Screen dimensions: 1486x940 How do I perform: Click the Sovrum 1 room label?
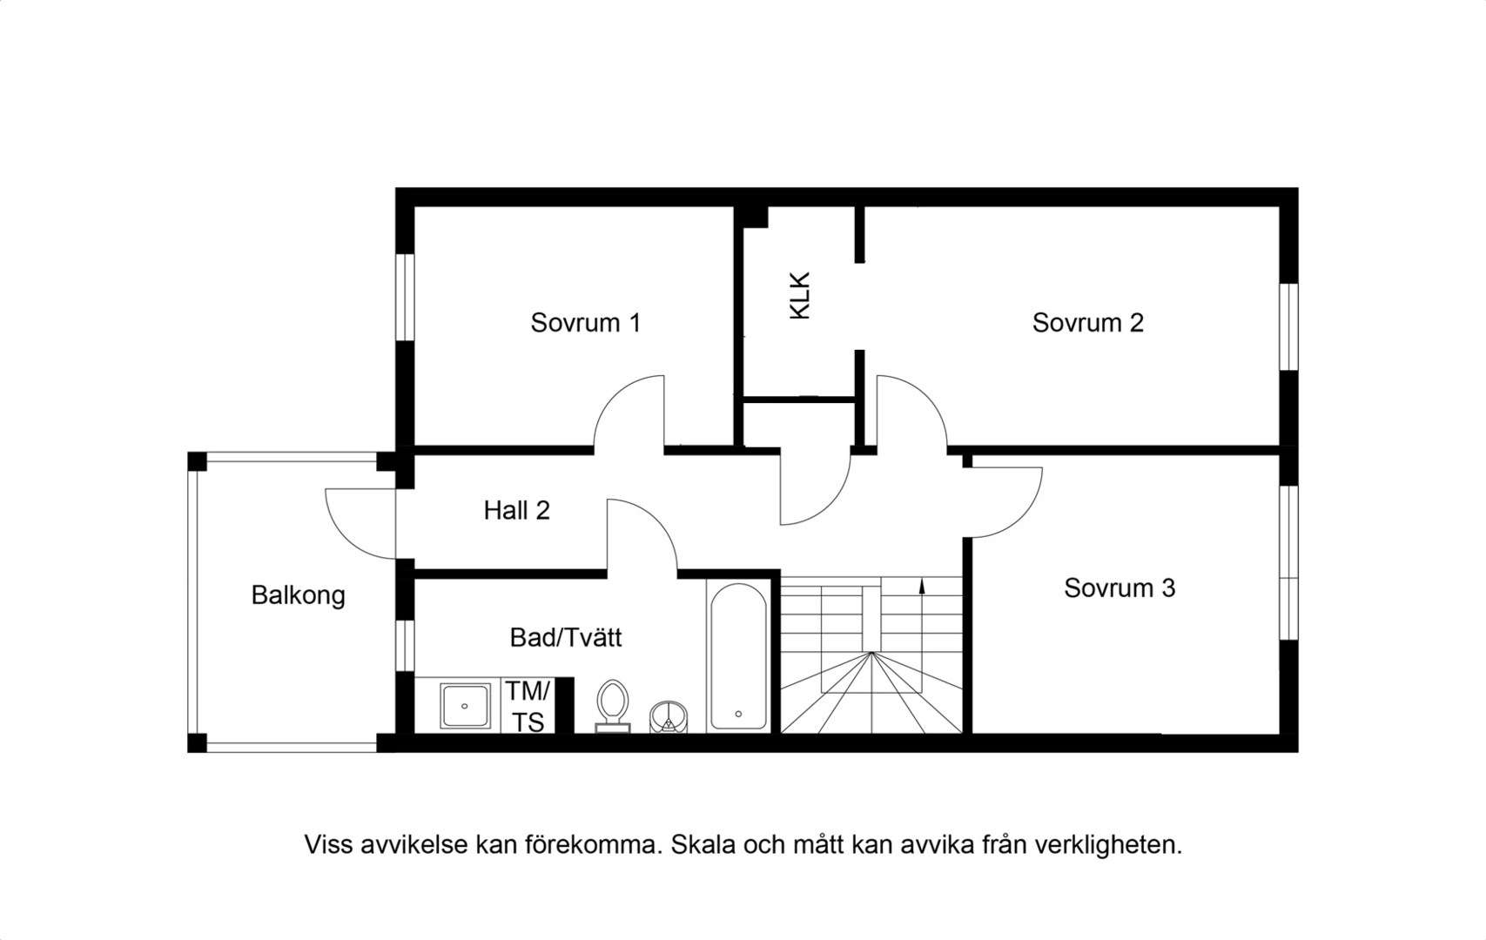(586, 323)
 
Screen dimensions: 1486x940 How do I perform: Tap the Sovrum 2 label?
(1088, 323)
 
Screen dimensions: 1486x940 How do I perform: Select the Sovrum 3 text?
(1120, 588)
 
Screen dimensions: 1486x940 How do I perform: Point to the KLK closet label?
(800, 296)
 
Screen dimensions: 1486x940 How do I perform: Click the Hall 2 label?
(517, 511)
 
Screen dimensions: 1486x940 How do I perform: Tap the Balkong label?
(299, 595)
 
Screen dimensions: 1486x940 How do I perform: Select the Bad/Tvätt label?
(566, 638)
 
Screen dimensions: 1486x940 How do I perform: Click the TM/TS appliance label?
(528, 707)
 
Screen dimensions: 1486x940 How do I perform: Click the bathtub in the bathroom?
(738, 657)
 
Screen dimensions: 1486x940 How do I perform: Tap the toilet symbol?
(612, 706)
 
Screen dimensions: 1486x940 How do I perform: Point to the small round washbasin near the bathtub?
(668, 717)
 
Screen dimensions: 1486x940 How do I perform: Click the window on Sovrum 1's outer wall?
(405, 297)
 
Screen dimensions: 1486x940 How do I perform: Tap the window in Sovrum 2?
(1288, 327)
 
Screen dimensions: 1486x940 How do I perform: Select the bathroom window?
(405, 646)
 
